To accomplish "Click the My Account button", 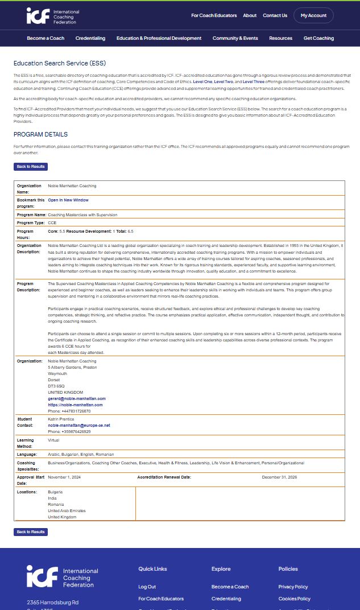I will click(x=313, y=15).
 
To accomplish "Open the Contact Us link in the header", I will click(x=275, y=15).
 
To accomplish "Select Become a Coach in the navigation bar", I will click(x=45, y=38).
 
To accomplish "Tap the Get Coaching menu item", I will click(x=318, y=38).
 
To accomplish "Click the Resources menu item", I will click(x=280, y=38).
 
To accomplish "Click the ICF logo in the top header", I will click(x=53, y=16).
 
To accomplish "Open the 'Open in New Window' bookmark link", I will click(x=68, y=200).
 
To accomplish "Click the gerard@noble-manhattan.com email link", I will click(x=77, y=398).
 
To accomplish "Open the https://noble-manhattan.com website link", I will click(x=75, y=405).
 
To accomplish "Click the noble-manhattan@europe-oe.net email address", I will click(x=79, y=425).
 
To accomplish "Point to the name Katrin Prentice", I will click(x=62, y=419).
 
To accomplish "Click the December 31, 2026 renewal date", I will click(x=279, y=477).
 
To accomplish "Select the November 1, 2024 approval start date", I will click(x=64, y=477).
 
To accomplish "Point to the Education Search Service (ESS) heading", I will click(x=60, y=63).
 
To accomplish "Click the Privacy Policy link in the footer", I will click(x=293, y=587).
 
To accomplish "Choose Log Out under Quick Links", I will click(x=147, y=587).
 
